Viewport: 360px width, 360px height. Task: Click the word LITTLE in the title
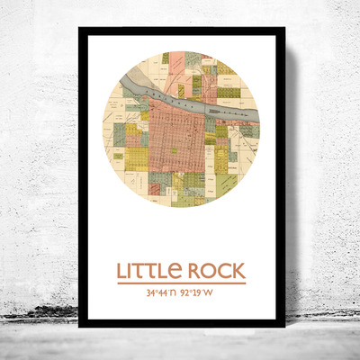pyautogui.click(x=150, y=271)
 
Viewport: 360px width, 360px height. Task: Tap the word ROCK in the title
pyautogui.click(x=214, y=271)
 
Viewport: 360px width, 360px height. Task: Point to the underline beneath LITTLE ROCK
pyautogui.click(x=181, y=283)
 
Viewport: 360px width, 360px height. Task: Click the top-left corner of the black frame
pyautogui.click(x=80, y=30)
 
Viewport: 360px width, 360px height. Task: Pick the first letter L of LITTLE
pyautogui.click(x=121, y=271)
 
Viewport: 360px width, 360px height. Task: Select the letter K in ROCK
pyautogui.click(x=238, y=271)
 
